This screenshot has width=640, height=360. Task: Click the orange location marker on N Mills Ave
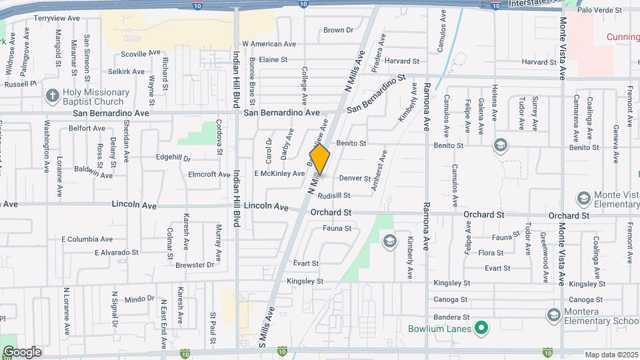tap(320, 159)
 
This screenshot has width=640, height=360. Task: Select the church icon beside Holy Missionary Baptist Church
tap(53, 97)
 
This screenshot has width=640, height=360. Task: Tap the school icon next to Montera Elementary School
tap(553, 314)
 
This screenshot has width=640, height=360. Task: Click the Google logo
tap(22, 351)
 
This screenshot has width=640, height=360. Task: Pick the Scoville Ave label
tap(141, 53)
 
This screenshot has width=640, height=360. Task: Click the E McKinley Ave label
tap(279, 173)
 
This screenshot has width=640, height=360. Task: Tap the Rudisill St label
tap(334, 195)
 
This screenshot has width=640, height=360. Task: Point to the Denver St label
tap(354, 178)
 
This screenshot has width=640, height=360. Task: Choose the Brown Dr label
tap(338, 30)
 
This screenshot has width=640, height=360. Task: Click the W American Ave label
tap(269, 44)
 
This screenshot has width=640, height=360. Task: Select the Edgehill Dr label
tap(173, 158)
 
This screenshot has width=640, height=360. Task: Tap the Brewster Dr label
tap(196, 265)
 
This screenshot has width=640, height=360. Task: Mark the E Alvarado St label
tap(116, 253)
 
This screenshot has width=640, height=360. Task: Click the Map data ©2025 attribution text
tap(611, 355)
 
